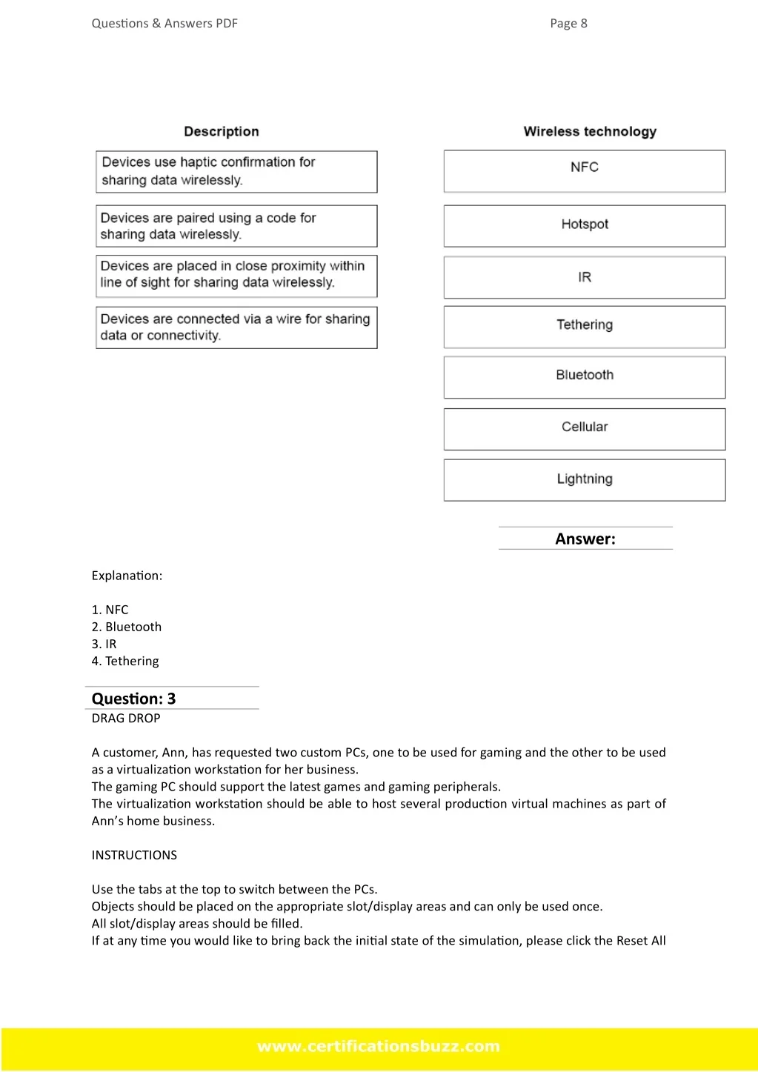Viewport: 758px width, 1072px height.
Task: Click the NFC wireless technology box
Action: point(584,171)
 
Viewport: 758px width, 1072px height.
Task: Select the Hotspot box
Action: point(584,225)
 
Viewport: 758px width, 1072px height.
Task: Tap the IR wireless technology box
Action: point(584,278)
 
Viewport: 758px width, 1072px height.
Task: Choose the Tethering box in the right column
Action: point(584,327)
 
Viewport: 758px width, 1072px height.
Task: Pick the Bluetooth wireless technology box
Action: point(584,377)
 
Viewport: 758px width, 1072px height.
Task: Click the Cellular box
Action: point(584,429)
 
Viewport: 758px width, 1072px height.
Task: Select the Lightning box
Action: point(584,480)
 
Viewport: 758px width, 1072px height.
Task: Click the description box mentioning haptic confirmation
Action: point(236,172)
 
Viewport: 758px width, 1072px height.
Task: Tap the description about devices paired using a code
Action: point(236,226)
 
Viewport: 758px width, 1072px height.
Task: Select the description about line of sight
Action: point(236,276)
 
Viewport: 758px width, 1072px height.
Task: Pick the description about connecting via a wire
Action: point(236,327)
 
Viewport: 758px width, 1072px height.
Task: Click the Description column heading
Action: point(222,132)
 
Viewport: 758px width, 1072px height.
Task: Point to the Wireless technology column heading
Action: point(590,132)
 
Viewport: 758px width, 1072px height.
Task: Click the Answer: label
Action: point(585,539)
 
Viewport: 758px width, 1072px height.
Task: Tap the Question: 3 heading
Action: point(134,699)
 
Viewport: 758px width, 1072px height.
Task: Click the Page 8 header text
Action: point(568,24)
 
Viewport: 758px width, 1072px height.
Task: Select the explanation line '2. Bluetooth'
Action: point(127,627)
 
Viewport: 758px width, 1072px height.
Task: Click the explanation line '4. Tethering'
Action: point(125,661)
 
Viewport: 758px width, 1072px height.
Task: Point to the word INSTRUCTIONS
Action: point(134,855)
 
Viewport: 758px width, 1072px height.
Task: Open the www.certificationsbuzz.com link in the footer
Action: point(379,1046)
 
